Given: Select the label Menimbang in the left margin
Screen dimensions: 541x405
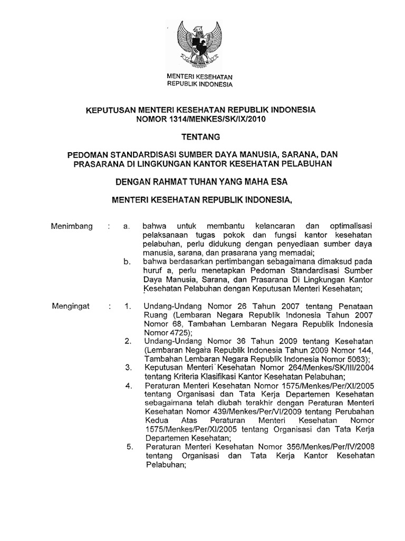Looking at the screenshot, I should tap(72, 226).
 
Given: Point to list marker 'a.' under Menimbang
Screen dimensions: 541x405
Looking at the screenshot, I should tap(126, 226).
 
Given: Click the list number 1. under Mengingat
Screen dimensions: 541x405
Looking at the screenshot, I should tap(127, 306).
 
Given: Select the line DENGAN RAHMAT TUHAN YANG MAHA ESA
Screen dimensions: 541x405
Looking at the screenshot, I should tap(202, 182).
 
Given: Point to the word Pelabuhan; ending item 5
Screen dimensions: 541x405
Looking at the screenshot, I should tap(166, 466).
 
